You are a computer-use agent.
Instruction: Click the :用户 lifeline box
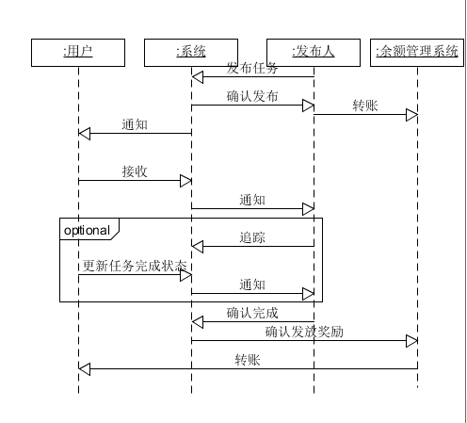78,53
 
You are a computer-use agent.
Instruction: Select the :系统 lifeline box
191,53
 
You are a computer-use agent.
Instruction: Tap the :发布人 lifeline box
314,53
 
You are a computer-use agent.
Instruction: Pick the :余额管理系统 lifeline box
417,53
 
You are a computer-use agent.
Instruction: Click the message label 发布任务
252,68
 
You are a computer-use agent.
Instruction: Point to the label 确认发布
252,96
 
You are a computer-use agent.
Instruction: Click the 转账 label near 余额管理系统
365,106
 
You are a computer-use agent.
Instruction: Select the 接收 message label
135,171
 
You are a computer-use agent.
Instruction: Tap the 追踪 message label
252,237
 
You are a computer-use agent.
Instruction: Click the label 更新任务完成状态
135,266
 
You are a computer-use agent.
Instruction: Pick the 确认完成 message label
252,313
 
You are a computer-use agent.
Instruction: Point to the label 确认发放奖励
304,332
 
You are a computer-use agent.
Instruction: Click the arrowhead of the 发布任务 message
198,77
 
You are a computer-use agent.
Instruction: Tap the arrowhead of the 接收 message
185,181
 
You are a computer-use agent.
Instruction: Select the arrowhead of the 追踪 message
198,247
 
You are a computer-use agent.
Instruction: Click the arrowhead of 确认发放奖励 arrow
411,341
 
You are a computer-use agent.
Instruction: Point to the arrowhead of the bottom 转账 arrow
85,369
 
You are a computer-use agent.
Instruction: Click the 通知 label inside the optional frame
252,285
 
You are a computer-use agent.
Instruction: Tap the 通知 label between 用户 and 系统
135,124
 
